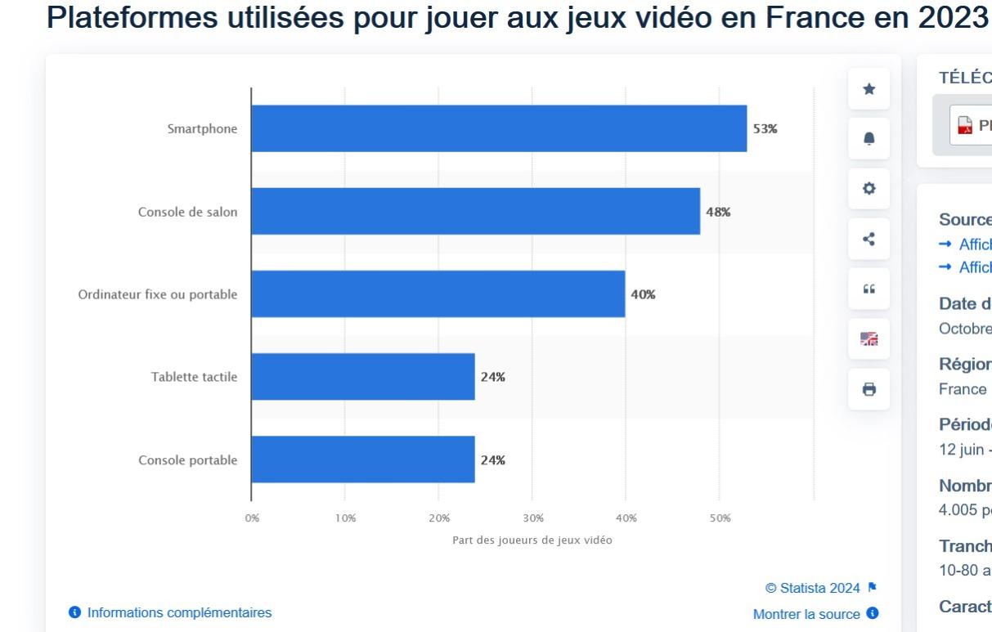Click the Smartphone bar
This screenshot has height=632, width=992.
499,128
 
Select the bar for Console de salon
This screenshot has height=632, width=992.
475,211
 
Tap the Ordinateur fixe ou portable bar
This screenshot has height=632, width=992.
438,294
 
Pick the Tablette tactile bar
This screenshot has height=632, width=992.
362,376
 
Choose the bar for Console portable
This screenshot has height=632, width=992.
362,459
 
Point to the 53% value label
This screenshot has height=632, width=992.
765,129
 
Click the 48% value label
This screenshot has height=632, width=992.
718,212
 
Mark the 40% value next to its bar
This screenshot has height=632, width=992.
643,294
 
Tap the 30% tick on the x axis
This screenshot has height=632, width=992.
532,518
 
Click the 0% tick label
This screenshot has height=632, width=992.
252,518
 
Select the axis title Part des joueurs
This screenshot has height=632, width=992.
532,540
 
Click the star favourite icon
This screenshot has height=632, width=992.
869,89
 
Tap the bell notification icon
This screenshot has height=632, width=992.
869,139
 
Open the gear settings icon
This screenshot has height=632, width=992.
869,189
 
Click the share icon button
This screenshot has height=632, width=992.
869,239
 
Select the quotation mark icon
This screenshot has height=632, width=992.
869,289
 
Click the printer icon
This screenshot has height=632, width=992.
869,389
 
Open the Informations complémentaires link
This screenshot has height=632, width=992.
179,612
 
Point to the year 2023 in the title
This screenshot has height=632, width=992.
952,18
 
